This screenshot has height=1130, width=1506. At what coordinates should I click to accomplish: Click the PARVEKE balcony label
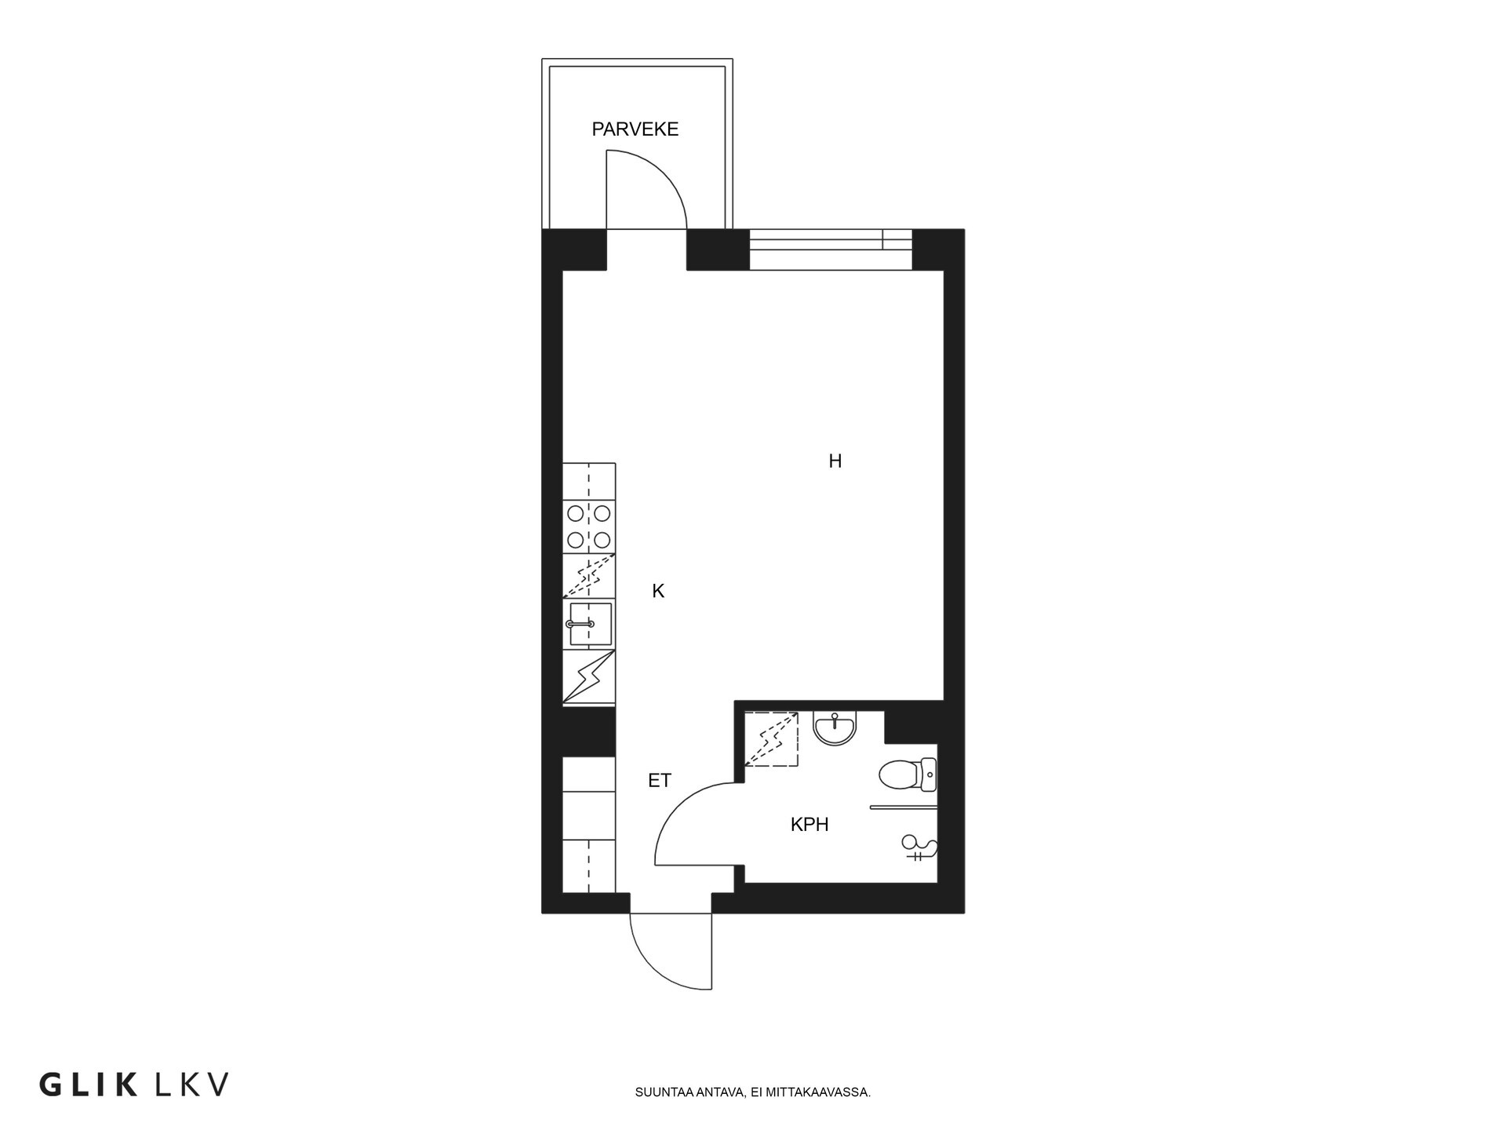coord(635,129)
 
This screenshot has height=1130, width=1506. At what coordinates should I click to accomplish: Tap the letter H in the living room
coord(835,461)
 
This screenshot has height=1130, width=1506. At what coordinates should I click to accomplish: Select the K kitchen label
coord(657,592)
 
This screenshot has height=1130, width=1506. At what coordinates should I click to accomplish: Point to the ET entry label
coord(659,781)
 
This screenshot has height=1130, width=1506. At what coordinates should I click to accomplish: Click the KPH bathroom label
coord(809,825)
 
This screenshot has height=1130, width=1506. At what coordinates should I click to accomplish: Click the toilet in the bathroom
coord(906,775)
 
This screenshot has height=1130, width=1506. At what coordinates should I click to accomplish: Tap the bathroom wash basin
coord(835,728)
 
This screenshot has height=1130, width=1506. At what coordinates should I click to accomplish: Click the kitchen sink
coord(589,625)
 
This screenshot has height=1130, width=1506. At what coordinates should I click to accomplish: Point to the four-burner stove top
coord(589,527)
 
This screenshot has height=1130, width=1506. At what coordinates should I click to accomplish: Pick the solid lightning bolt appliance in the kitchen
coord(589,676)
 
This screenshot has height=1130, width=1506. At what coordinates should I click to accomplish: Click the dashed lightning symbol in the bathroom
coord(771,738)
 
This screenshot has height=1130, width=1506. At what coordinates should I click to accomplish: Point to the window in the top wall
coord(830,239)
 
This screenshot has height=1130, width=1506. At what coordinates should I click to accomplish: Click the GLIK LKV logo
coord(134,1085)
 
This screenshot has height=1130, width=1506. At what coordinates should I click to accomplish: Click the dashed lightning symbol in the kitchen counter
coord(589,578)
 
